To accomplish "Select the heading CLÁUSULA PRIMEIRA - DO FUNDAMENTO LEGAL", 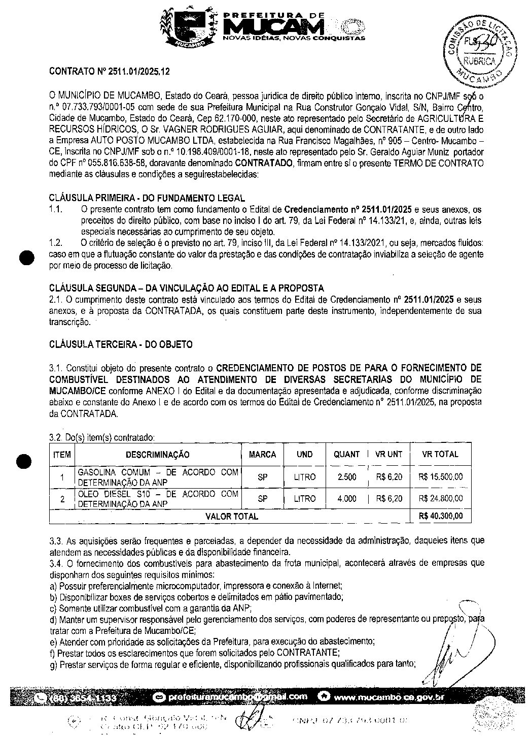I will [x=147, y=198].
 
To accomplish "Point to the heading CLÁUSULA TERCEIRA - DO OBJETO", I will [x=121, y=344].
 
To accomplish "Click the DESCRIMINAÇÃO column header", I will [x=157, y=454].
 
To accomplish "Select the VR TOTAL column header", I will [x=440, y=454].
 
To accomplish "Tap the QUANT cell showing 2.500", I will [x=346, y=477].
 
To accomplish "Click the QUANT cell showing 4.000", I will [x=346, y=499].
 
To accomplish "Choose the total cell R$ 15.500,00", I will [x=440, y=477].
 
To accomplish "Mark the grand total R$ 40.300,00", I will [x=440, y=516].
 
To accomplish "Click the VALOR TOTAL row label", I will [x=231, y=516].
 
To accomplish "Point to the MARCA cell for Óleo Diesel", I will [x=262, y=499].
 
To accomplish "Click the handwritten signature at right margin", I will [x=456, y=650].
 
